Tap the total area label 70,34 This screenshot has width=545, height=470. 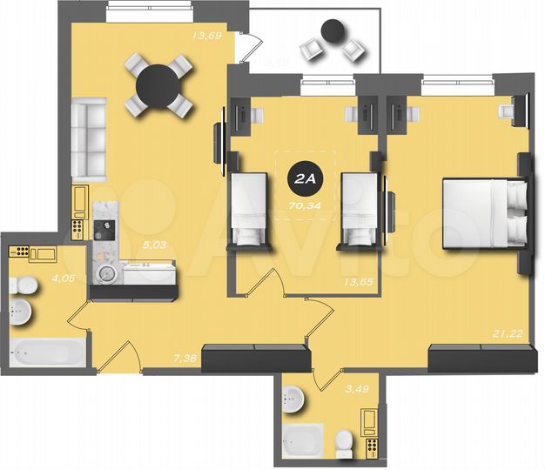pyautogui.click(x=304, y=205)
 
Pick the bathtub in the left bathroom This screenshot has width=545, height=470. pyautogui.click(x=47, y=353)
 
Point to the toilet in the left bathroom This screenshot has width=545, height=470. pyautogui.click(x=25, y=285)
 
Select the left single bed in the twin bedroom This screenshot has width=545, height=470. pyautogui.click(x=249, y=209)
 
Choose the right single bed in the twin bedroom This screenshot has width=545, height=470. pyautogui.click(x=358, y=209)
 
